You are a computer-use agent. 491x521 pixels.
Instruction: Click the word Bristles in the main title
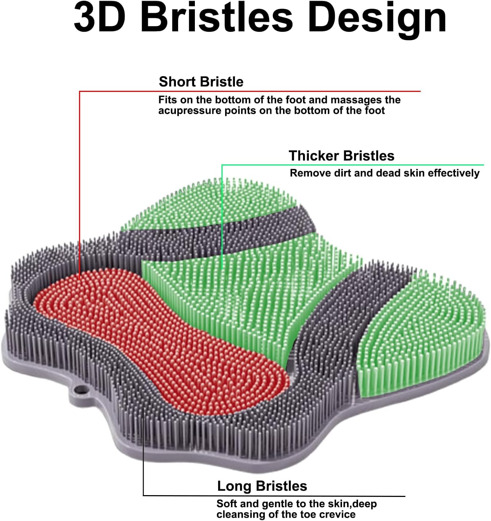coord(218,18)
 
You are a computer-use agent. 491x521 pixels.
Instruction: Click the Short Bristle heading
coord(201,82)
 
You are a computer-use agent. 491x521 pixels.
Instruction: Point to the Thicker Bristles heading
coord(341,156)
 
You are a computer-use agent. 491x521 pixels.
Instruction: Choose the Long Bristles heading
coord(262,486)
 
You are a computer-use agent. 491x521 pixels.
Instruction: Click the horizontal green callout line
coord(353,165)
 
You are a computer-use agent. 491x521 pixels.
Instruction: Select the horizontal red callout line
coord(250,91)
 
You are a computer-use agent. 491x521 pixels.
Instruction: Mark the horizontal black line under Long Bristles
coord(274,496)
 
